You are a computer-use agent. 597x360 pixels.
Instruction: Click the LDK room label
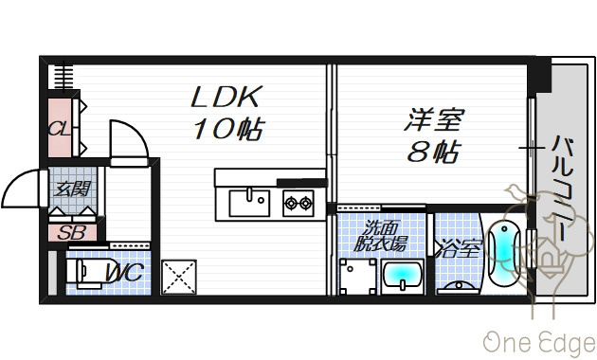[x=226, y=97]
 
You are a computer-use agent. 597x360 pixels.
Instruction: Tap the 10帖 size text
[x=228, y=129]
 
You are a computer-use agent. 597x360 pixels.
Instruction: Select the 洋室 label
[x=434, y=119]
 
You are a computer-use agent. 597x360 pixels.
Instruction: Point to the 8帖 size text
[x=434, y=151]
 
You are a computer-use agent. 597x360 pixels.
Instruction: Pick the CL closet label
[x=60, y=129]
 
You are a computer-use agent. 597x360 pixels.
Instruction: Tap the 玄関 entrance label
[x=72, y=189]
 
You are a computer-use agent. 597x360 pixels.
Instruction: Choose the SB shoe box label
[x=72, y=232]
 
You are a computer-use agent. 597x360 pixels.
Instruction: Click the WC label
[x=124, y=273]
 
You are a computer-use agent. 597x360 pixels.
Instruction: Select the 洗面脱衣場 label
[x=380, y=236]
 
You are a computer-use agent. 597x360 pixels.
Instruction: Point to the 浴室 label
[x=459, y=249]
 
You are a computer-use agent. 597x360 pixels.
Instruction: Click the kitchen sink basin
[x=249, y=204]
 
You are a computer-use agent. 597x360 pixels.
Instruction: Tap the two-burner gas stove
[x=298, y=204]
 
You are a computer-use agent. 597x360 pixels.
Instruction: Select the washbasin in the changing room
[x=403, y=277]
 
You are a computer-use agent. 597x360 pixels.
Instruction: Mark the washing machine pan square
[x=357, y=277]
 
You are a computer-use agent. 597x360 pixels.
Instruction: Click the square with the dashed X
[x=178, y=277]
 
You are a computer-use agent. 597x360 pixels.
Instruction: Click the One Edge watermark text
[x=539, y=343]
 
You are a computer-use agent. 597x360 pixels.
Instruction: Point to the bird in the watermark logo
[x=517, y=192]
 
